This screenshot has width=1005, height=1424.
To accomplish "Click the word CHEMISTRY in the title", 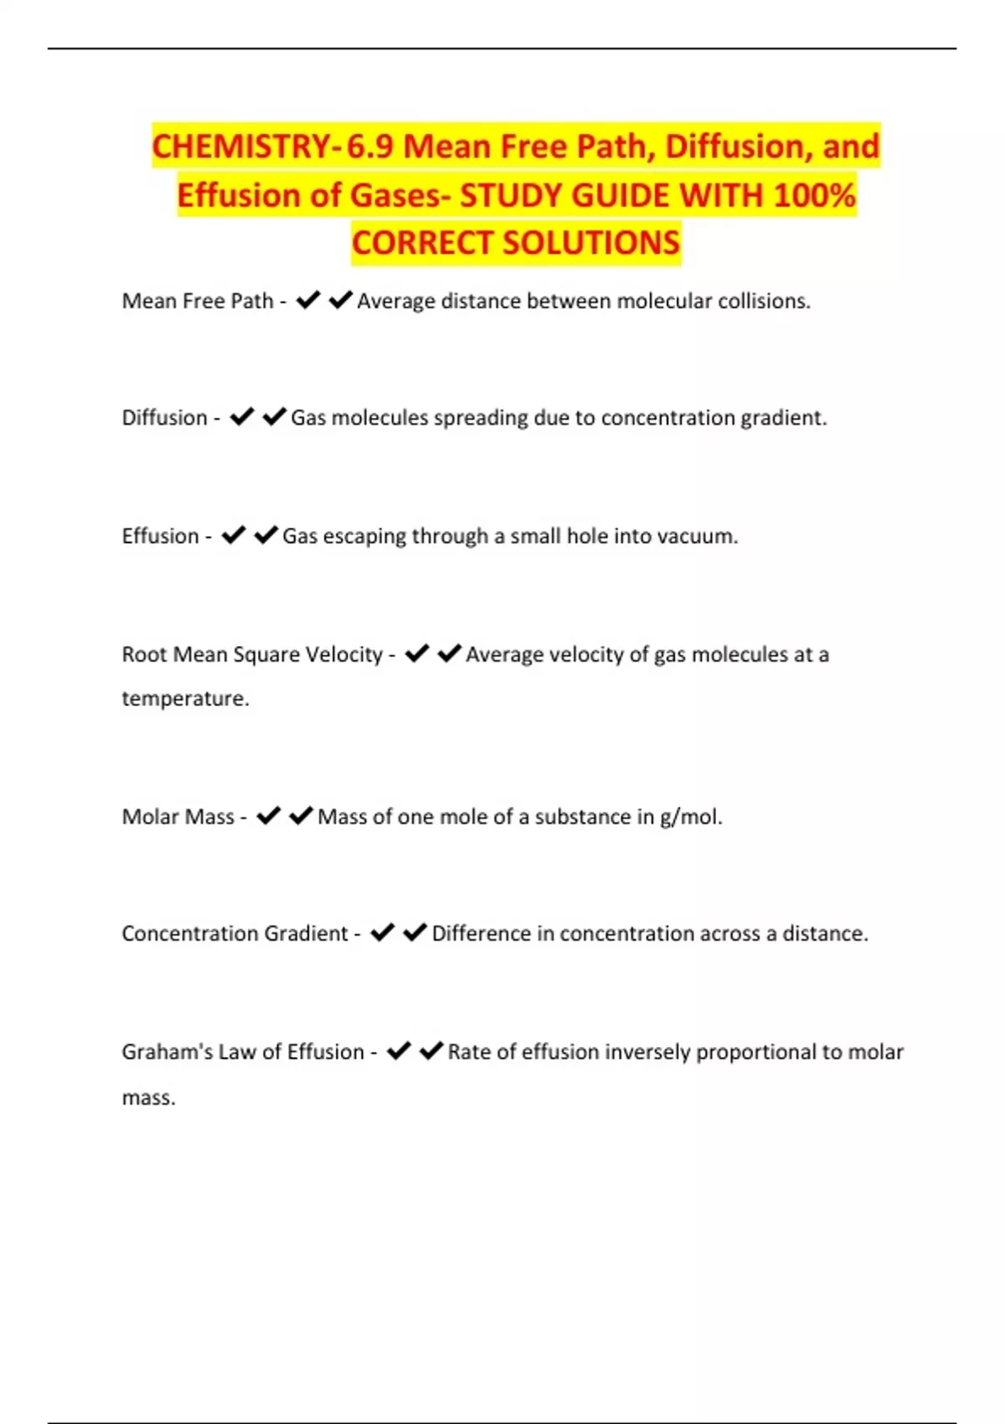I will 241,147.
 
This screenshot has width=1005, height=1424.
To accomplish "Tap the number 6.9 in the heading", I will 370,147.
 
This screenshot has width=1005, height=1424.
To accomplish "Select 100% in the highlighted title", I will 814,195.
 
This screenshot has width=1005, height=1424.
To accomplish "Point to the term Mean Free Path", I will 198,301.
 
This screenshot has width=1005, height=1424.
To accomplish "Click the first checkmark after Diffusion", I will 242,416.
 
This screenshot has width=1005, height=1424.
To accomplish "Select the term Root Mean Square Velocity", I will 252,654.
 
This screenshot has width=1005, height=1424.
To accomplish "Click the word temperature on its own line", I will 184,699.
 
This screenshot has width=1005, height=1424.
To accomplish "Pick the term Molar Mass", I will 178,817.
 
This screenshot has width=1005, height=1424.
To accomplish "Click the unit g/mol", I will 690,817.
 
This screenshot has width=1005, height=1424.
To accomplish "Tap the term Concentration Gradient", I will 234,933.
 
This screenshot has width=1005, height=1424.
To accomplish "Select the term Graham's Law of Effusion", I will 243,1052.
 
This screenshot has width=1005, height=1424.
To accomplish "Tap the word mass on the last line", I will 147,1098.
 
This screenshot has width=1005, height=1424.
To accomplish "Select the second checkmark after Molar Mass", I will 301,816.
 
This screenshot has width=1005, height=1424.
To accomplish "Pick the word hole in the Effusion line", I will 587,536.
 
